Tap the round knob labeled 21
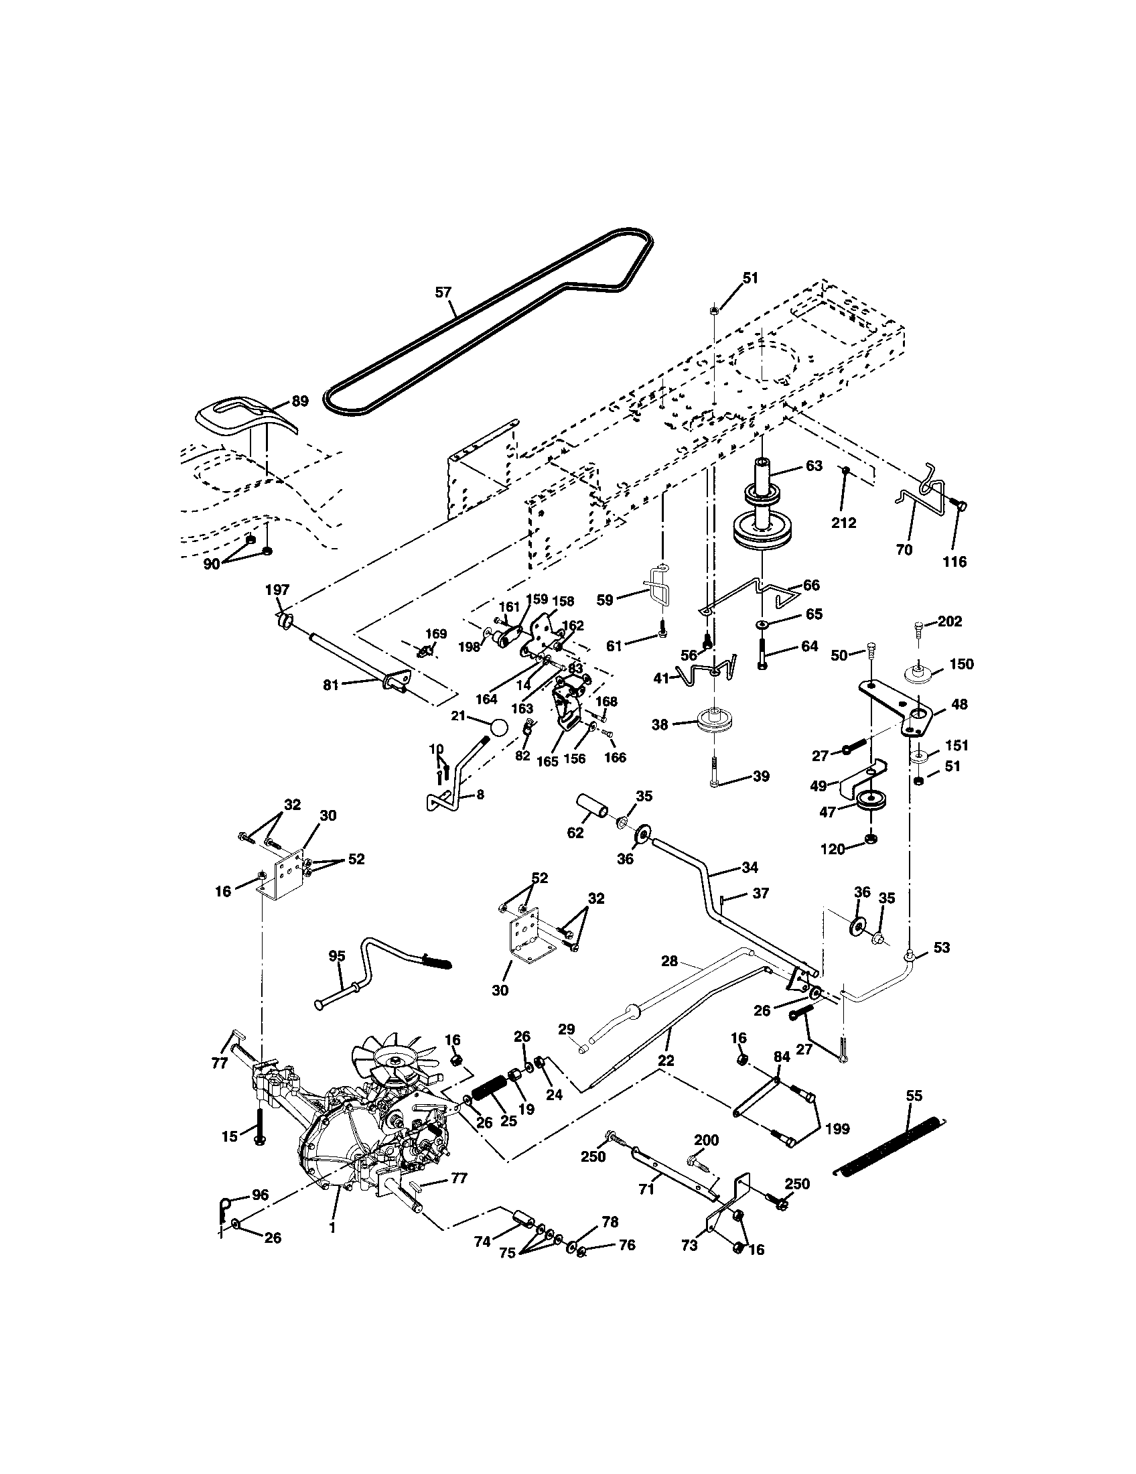coord(498,729)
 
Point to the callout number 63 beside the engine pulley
coord(814,466)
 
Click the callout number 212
coord(843,523)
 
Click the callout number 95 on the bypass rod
coord(337,955)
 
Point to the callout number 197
coord(277,590)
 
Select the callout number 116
coord(954,561)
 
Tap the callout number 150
coord(961,663)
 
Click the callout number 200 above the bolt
coord(706,1140)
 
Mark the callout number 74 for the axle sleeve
coord(482,1242)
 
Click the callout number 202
coord(950,621)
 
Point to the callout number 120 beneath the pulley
coord(833,849)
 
